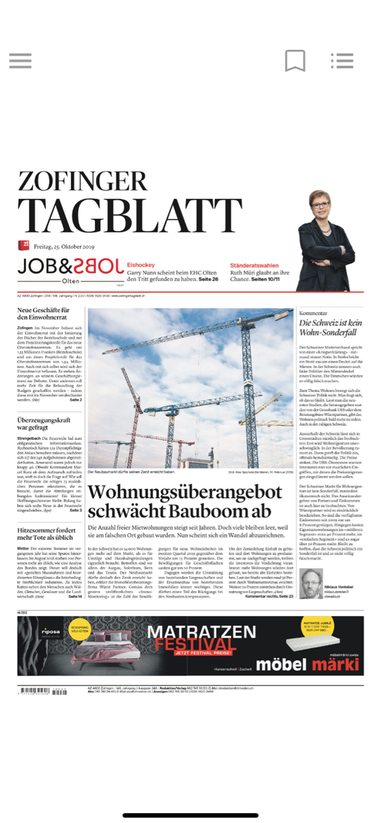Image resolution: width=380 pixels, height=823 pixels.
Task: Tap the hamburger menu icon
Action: click(x=20, y=60)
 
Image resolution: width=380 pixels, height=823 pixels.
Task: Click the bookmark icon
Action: click(x=295, y=61)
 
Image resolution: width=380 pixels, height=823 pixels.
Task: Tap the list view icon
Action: click(x=342, y=60)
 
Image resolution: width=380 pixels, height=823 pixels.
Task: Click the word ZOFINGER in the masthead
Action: click(x=82, y=181)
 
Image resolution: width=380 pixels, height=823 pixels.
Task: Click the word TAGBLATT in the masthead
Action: click(x=130, y=216)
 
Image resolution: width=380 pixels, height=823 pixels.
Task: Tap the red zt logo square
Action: click(x=23, y=246)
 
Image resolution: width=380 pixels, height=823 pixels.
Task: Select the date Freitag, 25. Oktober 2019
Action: click(x=64, y=247)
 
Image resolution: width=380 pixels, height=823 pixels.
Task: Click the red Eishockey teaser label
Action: click(x=141, y=265)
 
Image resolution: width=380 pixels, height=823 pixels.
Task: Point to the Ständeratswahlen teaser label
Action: click(x=254, y=265)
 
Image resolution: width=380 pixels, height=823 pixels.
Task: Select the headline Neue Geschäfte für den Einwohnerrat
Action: click(x=43, y=314)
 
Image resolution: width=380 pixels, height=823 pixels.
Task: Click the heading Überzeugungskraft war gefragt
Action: click(x=44, y=423)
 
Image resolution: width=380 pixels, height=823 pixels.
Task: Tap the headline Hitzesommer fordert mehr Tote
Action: click(x=46, y=534)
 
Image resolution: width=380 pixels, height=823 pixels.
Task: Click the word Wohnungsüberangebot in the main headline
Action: click(x=185, y=492)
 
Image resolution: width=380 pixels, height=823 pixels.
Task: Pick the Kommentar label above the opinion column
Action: click(x=313, y=313)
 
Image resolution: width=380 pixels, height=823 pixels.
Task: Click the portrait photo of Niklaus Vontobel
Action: click(x=311, y=584)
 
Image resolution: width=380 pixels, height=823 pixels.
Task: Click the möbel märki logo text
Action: click(x=307, y=665)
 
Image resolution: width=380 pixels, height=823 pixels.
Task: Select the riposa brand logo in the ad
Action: click(x=51, y=632)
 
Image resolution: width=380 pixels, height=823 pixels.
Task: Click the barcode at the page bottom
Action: click(x=42, y=691)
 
